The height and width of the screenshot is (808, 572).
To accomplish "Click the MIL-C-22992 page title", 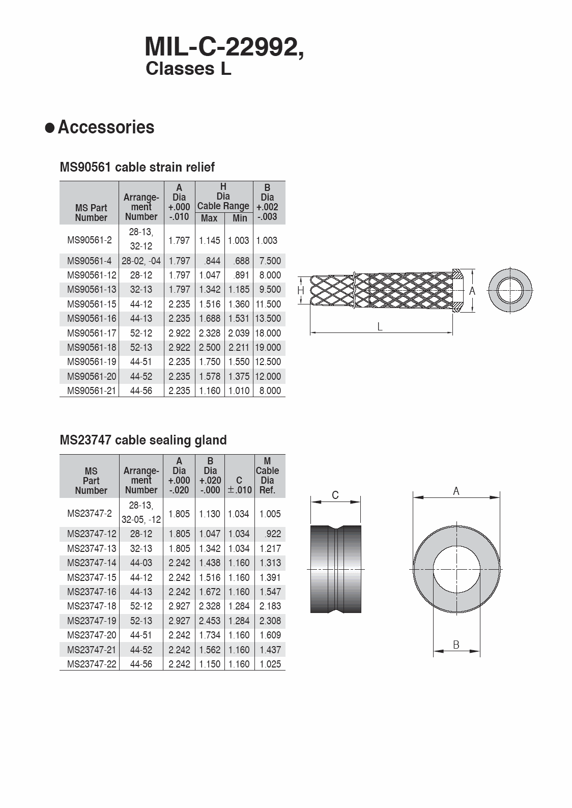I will [224, 47].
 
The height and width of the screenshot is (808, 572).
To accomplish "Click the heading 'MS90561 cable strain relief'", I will [137, 167].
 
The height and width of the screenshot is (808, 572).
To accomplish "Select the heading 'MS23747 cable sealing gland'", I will [143, 440].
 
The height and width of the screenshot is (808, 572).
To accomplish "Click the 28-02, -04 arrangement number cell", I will [141, 261].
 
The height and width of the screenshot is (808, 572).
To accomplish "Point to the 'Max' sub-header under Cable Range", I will [209, 218].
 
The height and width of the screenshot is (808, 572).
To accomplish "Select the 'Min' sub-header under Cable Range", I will [240, 218].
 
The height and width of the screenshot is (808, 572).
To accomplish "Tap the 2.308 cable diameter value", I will [270, 621].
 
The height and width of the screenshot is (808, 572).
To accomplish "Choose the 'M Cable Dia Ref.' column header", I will [267, 476].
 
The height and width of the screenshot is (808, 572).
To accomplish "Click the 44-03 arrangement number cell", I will [141, 563].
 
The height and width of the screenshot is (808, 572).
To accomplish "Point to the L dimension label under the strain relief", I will [380, 327].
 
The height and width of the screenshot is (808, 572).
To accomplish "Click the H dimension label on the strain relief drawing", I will [301, 291].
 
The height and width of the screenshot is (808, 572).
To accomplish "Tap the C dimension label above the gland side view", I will [335, 495].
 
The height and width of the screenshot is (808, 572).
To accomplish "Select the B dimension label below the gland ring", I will [456, 645].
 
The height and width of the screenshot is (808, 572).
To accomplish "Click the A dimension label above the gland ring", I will [456, 491].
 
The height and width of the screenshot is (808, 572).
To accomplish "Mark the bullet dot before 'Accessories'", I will [50, 128].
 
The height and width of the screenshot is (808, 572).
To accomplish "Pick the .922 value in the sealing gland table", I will [273, 534].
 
